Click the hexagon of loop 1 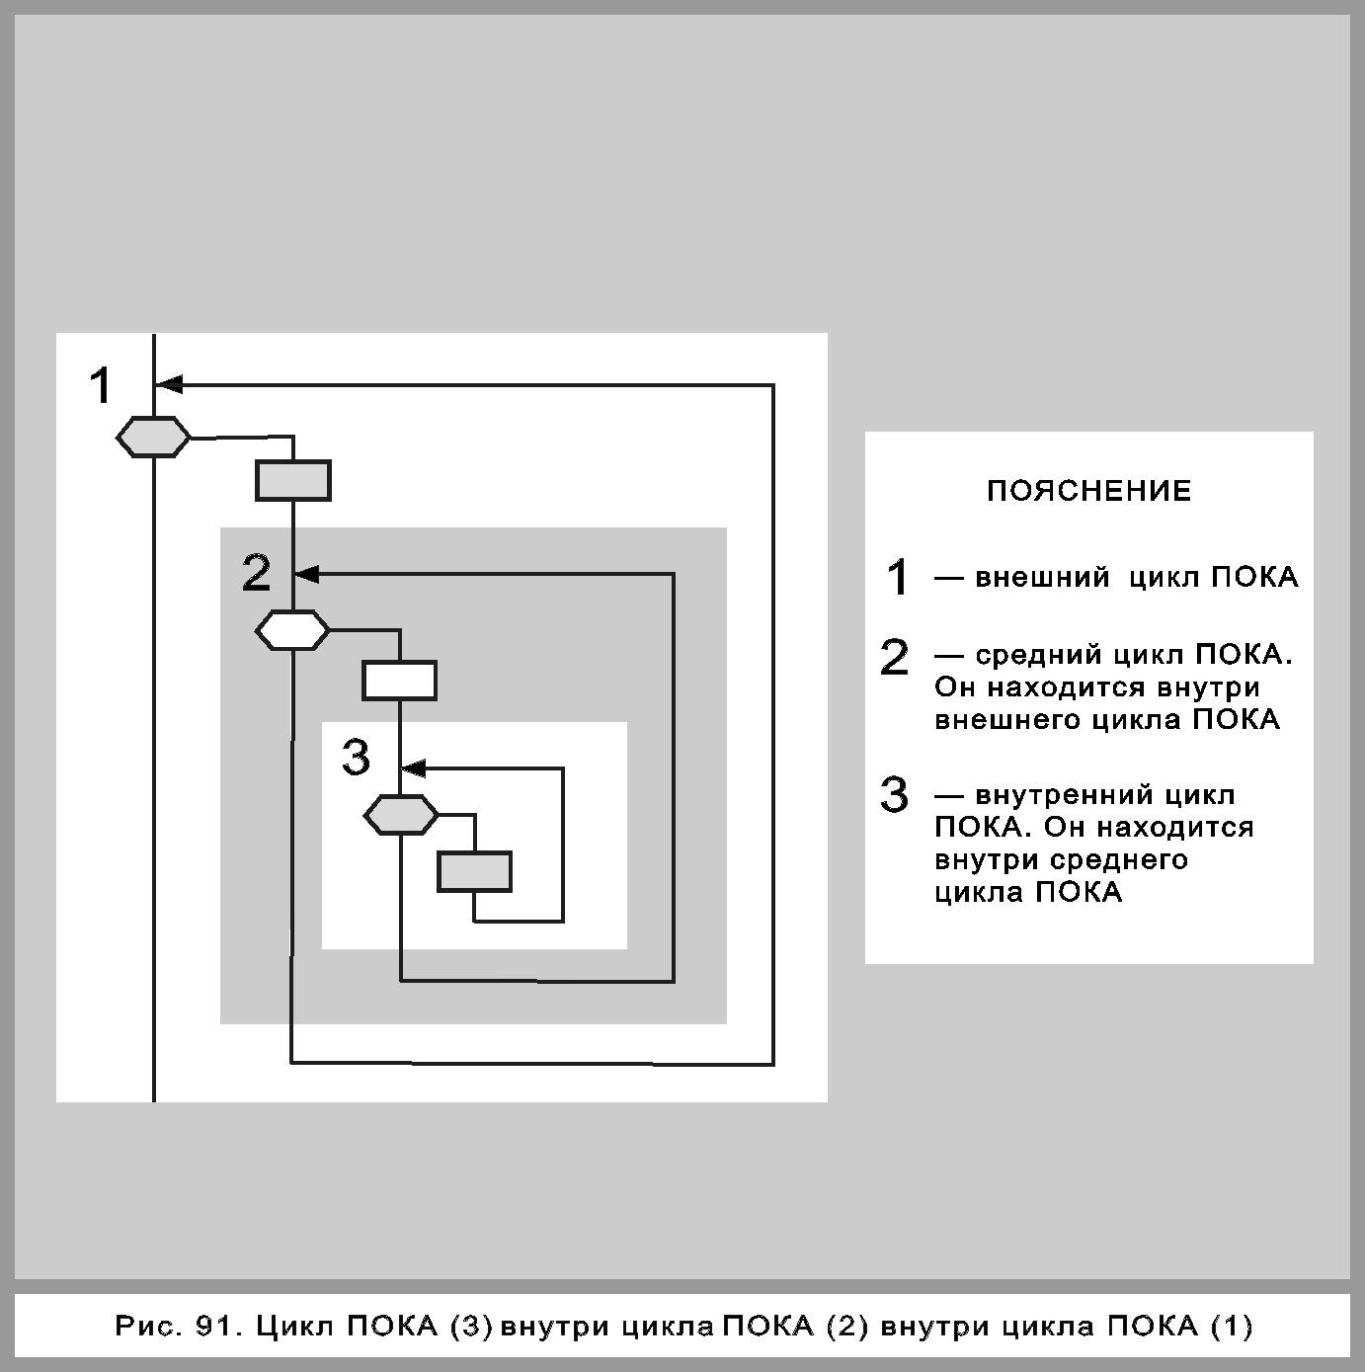[x=154, y=437]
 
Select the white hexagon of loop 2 [x=292, y=629]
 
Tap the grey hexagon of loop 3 [x=401, y=815]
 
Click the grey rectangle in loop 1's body [x=293, y=481]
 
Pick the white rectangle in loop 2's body [x=399, y=681]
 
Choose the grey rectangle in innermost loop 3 [x=475, y=872]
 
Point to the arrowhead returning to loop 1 [x=169, y=383]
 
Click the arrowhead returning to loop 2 [x=307, y=573]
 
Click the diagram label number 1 [x=101, y=385]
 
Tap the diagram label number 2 [x=257, y=573]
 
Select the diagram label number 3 [x=356, y=758]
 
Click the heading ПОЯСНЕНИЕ [x=1089, y=491]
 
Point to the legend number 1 [x=897, y=578]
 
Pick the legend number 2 [x=894, y=658]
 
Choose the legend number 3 [x=894, y=795]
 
